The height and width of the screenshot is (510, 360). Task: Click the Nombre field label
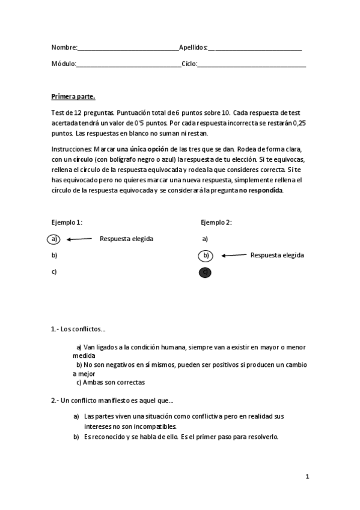point(64,48)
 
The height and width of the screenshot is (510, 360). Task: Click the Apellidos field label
point(193,48)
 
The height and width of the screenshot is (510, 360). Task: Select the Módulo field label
point(64,64)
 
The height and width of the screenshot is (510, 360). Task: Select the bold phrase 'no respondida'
point(261,191)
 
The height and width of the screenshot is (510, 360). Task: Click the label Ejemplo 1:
point(67,222)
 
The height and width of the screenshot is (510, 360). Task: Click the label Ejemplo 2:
point(216,222)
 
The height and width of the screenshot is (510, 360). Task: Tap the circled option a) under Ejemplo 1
point(54,239)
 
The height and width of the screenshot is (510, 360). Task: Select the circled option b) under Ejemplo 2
point(206,256)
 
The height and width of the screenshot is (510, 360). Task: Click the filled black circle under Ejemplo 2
point(206,272)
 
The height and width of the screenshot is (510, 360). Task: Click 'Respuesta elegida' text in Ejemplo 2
point(276,255)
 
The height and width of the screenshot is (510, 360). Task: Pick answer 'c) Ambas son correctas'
point(110,382)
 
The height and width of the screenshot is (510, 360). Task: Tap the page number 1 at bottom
point(307,477)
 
